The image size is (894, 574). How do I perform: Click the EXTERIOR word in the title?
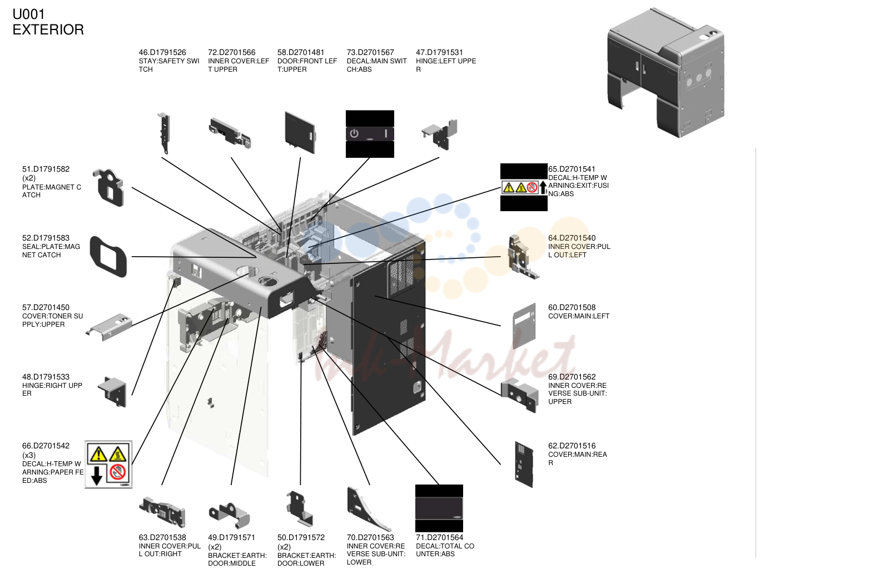tap(48, 30)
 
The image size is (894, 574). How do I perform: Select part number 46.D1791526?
tap(162, 53)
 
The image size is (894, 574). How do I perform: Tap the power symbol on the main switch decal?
tap(354, 133)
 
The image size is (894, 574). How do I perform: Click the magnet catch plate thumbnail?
tap(108, 187)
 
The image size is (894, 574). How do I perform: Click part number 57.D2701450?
tap(46, 307)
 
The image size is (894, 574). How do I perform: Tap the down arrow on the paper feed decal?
tap(97, 476)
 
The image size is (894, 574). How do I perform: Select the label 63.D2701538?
tap(162, 538)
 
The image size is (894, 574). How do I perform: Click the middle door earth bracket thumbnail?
tap(229, 515)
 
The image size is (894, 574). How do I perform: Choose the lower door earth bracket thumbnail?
tap(300, 508)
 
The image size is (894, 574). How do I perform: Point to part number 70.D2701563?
tap(370, 538)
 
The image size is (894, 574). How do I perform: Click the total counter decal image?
tap(439, 508)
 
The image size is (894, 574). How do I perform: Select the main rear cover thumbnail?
tap(524, 465)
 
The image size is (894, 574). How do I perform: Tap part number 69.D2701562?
tap(572, 377)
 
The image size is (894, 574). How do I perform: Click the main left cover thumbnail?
tap(524, 326)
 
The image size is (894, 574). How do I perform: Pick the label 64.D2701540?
tap(572, 238)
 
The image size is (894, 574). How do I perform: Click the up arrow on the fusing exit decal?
tap(543, 187)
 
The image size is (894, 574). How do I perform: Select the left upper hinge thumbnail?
tap(440, 134)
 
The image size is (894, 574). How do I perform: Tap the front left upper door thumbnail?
tap(300, 133)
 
